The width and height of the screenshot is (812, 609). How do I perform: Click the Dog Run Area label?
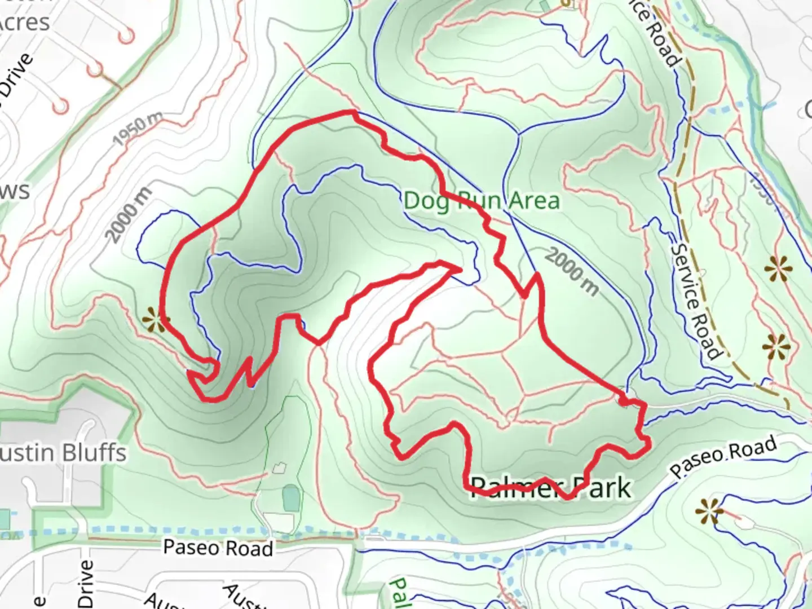click(x=482, y=201)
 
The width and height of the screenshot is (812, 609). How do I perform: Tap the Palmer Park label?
click(x=550, y=487)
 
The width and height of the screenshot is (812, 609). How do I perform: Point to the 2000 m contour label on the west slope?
click(x=129, y=214)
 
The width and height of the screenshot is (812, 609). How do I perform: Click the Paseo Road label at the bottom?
click(x=218, y=548)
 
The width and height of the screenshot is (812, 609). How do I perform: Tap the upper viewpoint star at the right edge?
click(x=778, y=269)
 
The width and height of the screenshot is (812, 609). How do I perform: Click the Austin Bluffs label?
click(x=62, y=453)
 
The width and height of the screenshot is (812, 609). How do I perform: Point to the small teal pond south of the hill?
click(x=291, y=498)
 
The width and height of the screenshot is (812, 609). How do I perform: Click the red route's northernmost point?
click(x=351, y=113)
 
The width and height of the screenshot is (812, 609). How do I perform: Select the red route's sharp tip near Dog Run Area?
click(x=460, y=270)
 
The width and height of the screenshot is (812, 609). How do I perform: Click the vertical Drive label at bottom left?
click(x=86, y=584)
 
